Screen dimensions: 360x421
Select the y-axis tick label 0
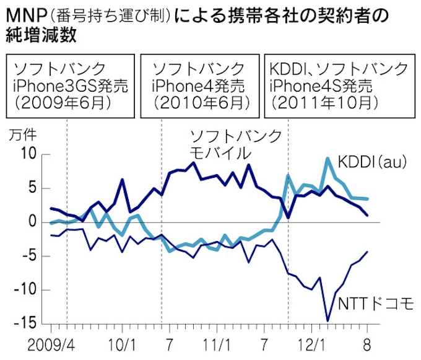pos(31,222)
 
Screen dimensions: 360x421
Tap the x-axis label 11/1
pos(217,342)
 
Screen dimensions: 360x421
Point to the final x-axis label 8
pos(367,342)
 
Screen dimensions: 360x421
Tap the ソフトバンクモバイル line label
pos(235,144)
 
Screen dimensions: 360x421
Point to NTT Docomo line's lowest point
pos(328,321)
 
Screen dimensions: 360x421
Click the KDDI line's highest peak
pos(328,159)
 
